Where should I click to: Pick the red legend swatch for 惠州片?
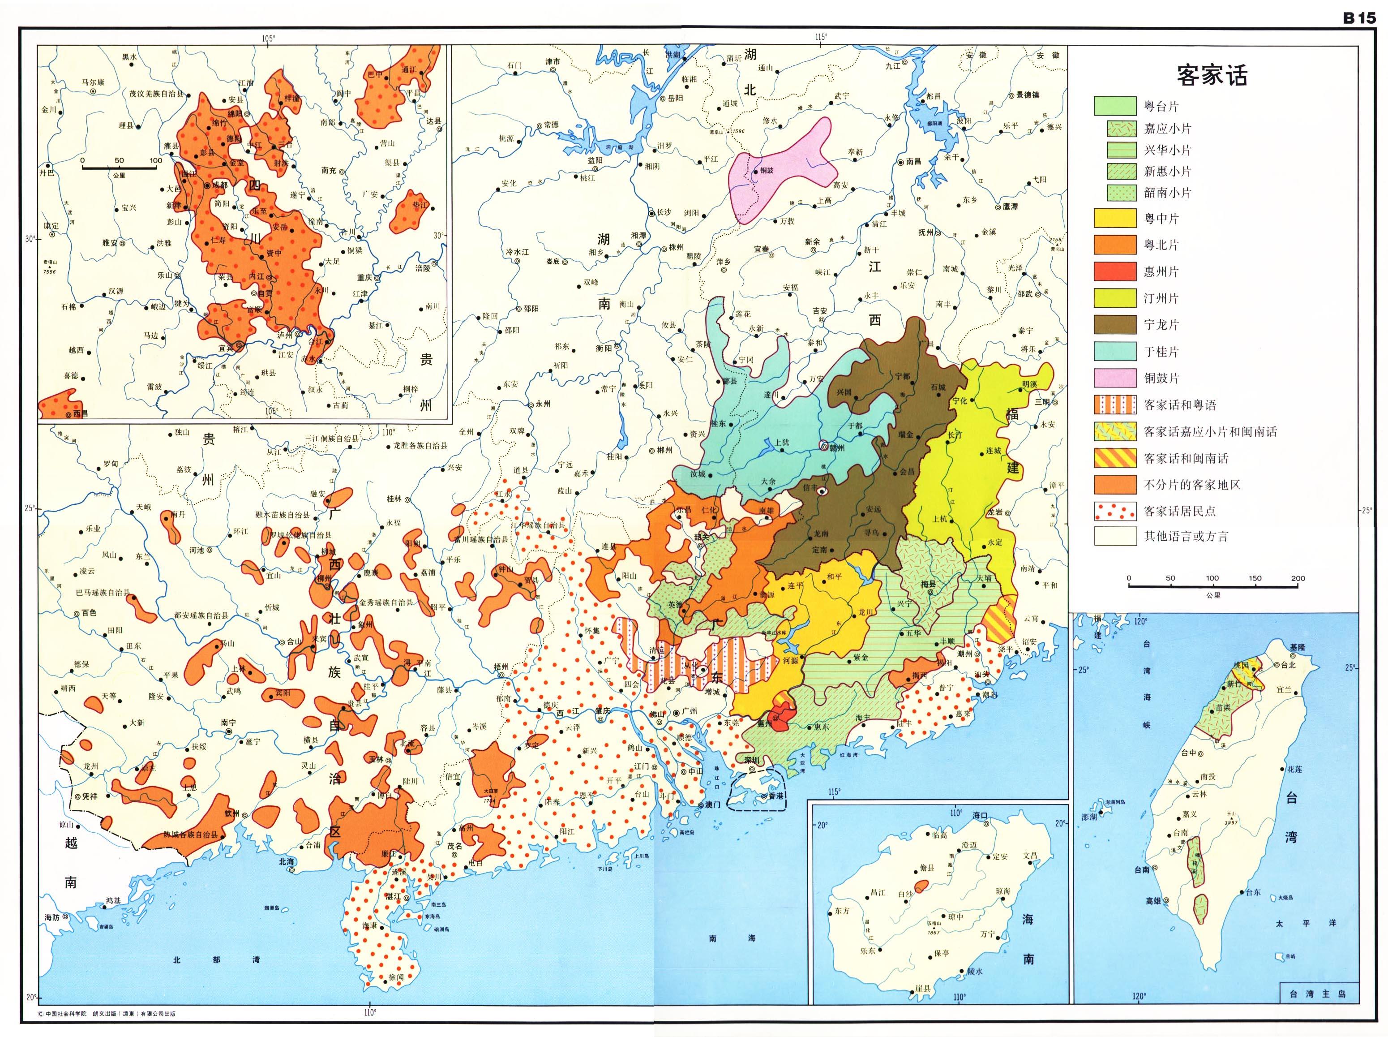click(x=1115, y=271)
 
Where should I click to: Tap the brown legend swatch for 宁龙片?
click(x=1115, y=324)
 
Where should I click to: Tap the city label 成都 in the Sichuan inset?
click(x=220, y=186)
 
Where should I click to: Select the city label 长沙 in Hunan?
click(x=664, y=212)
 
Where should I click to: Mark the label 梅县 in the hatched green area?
click(x=929, y=583)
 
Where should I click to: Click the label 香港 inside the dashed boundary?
click(x=772, y=796)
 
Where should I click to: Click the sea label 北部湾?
click(x=216, y=960)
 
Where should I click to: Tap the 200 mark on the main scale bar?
click(x=1298, y=578)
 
